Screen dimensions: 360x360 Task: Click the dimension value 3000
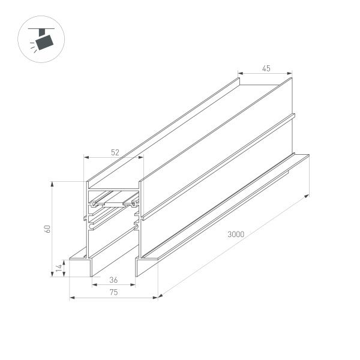coord(235,235)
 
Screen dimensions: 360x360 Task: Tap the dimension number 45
coord(266,68)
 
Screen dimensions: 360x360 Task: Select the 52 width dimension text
coord(115,152)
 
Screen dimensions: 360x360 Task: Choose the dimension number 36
coord(113,280)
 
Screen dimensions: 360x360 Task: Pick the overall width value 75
coord(113,292)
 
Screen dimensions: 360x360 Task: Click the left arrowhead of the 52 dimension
coord(85,158)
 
